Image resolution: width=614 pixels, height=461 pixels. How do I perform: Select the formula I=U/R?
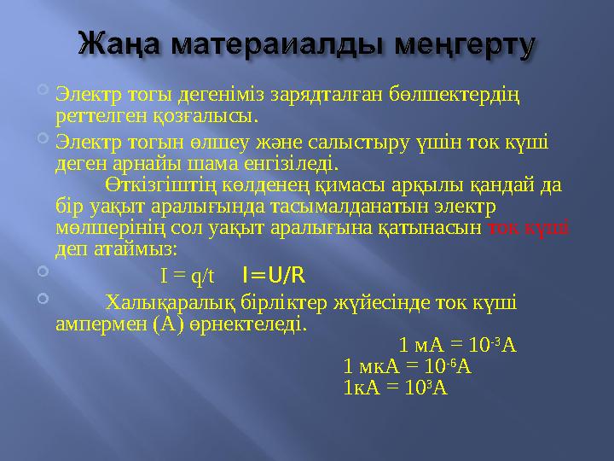point(274,275)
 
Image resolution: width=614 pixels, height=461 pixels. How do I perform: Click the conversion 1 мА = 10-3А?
point(457,346)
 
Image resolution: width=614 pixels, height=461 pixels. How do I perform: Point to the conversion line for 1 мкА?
point(407,367)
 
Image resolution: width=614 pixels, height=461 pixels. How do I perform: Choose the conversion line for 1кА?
point(393,387)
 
